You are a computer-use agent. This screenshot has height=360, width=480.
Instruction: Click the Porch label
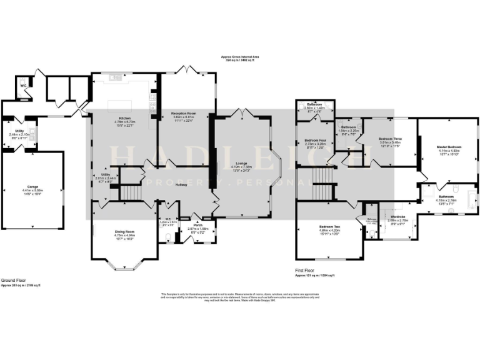tap(198, 226)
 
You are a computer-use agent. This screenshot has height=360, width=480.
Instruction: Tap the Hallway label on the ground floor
tap(181, 185)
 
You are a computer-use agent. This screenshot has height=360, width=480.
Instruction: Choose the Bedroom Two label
tap(329, 226)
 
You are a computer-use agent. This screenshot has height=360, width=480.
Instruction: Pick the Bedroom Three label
tap(390, 139)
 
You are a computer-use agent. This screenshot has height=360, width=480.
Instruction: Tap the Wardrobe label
tap(397, 217)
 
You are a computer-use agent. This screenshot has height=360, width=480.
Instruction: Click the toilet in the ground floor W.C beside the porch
tap(170, 237)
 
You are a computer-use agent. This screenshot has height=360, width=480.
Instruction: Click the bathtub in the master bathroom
tap(472, 201)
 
